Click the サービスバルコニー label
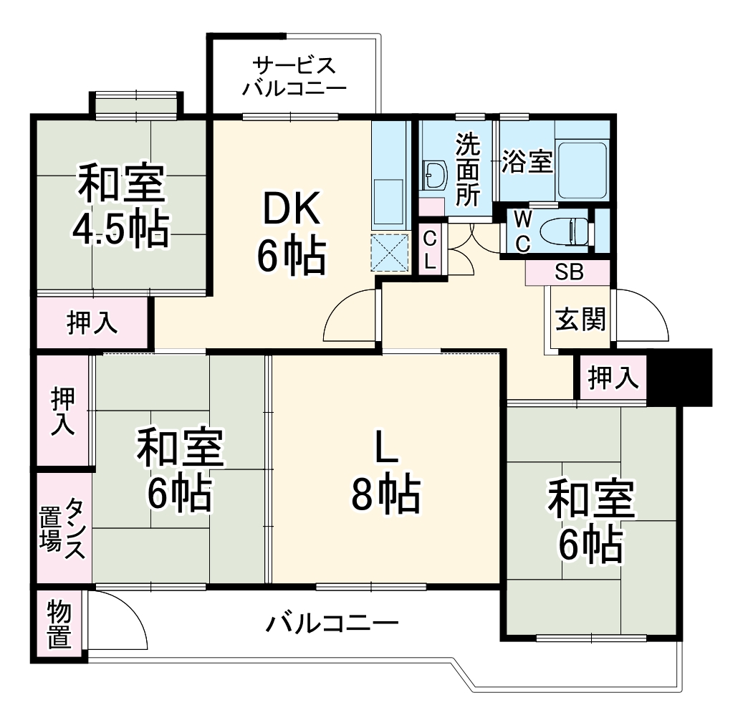point(294,77)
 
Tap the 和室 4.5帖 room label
point(121,206)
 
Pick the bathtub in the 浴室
point(582,170)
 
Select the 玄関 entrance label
point(580,320)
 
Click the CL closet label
point(430,249)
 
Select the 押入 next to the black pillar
point(613,378)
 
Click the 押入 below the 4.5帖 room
point(92,324)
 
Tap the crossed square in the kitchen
point(389,253)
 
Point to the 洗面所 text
point(469,172)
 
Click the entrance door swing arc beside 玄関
point(643,315)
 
